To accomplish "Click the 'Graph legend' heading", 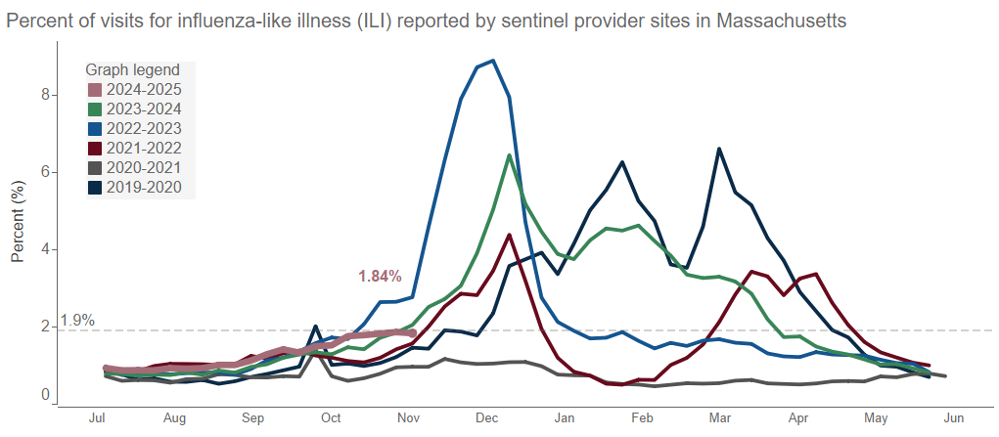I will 132,70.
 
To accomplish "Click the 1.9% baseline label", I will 77,320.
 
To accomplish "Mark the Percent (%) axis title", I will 18,228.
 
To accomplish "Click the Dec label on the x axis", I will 486,418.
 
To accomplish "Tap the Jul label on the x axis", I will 97,418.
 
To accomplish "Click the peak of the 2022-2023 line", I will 493,61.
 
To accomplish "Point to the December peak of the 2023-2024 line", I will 509,155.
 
